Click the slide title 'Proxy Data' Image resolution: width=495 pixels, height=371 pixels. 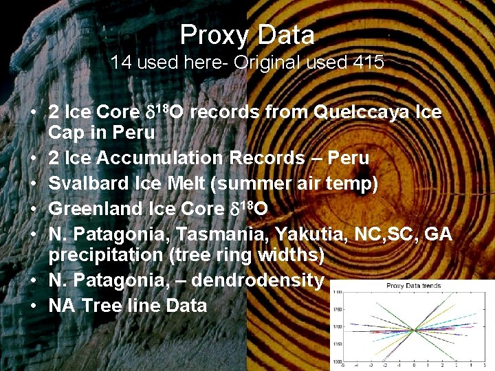point(247,34)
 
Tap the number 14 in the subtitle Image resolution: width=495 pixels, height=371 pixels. point(121,63)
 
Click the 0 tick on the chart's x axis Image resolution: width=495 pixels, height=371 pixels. point(414,366)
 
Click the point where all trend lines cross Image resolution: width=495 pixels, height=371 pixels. point(414,330)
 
